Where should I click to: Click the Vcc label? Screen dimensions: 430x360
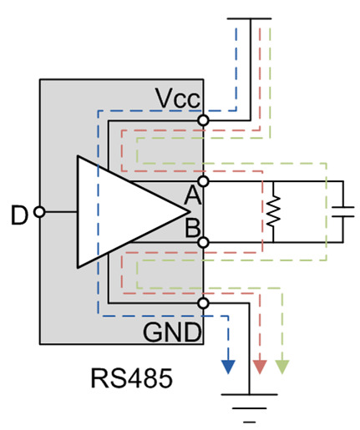coord(177,99)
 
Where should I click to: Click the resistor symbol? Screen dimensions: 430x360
coord(272,211)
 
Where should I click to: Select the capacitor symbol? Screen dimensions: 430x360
coord(342,210)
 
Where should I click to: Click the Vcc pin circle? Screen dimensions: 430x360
coord(203,121)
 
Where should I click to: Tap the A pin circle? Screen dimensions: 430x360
coord(203,180)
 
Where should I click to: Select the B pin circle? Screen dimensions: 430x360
coord(203,242)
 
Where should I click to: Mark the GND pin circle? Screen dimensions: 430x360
coord(203,302)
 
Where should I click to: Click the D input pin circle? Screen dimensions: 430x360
coord(38,214)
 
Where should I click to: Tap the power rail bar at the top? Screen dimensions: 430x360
coord(249,18)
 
